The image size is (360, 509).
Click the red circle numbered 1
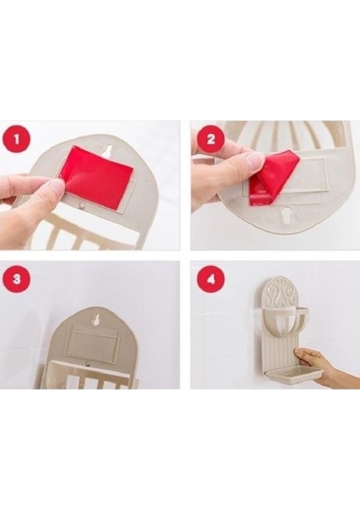16,140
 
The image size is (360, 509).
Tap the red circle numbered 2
211,139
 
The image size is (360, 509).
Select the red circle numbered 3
16,279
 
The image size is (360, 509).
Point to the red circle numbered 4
211,279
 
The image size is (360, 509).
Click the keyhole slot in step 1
109,150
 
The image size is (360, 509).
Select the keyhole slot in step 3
97,318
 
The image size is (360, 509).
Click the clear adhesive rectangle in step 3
93,342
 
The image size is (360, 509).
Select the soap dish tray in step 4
295,376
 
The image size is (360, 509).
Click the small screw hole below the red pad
82,205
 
